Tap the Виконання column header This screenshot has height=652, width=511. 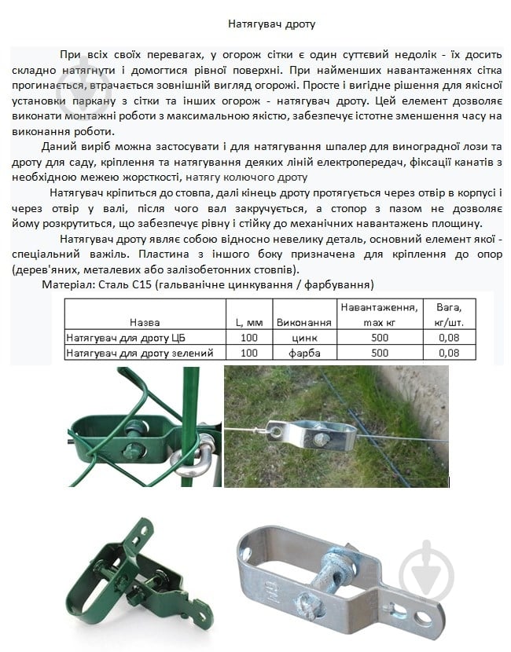pos(303,322)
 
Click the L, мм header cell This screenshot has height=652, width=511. pos(249,322)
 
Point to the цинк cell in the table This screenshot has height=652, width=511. pos(303,338)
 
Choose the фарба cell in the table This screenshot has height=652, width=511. pos(303,353)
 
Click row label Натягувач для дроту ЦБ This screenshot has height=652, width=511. pos(125,338)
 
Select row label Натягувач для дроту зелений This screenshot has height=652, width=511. pos(140,353)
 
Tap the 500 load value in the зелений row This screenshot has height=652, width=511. pos(380,353)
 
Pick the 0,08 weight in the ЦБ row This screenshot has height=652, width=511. pos(450,338)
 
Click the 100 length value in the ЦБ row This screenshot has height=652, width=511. pos(249,338)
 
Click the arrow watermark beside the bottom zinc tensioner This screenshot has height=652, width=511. pos(426,570)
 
